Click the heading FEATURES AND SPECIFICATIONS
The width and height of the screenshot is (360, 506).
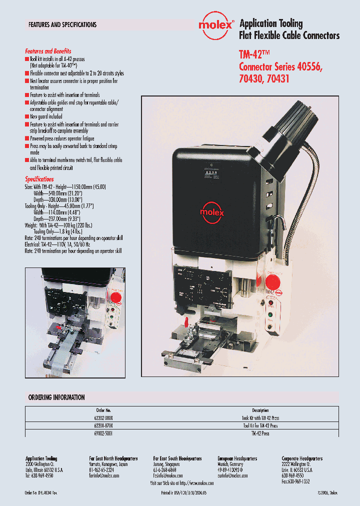62,24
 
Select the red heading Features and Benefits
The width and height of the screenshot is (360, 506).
48,51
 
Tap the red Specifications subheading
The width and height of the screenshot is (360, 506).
39,179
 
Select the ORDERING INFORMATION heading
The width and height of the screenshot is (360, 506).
56,397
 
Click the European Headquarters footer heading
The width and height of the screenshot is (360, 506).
237,458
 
